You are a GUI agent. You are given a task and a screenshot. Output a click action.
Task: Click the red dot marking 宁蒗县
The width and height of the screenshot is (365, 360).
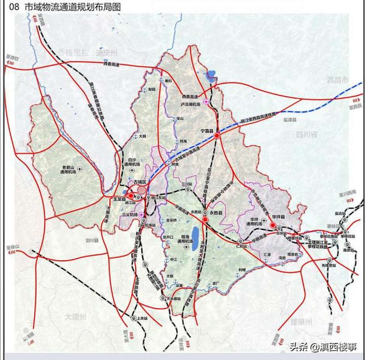tap(217, 136)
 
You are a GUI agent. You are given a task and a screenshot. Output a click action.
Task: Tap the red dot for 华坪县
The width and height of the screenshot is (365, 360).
tap(273, 225)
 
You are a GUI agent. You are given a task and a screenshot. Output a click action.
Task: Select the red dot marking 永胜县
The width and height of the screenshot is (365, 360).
tap(205, 220)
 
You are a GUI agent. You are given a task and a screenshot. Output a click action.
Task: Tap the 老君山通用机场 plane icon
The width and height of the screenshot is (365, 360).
tap(80, 169)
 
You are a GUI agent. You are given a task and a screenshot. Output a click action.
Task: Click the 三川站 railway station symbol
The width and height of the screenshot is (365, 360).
tap(188, 189)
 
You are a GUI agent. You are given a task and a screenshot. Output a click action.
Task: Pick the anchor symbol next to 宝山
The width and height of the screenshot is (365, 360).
tap(174, 119)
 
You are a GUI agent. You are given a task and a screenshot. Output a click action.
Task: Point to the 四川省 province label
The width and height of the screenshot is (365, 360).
tap(307, 135)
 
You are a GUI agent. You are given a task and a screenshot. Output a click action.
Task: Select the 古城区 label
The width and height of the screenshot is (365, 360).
tap(139, 182)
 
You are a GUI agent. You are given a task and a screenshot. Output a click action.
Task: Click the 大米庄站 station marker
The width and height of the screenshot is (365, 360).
tap(162, 298)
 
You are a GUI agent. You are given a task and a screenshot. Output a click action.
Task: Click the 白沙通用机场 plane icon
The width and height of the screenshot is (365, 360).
tap(133, 170)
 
